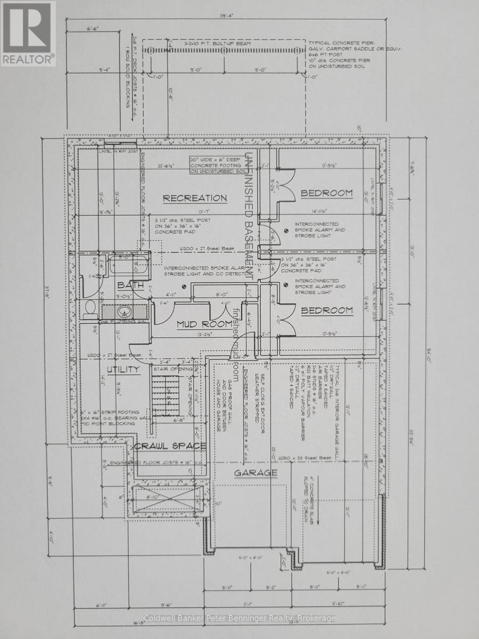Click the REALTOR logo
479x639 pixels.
pyautogui.click(x=28, y=33)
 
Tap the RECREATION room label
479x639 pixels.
pyautogui.click(x=194, y=198)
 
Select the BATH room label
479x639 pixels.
pyautogui.click(x=130, y=285)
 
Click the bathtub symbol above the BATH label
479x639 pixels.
pyautogui.click(x=128, y=264)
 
